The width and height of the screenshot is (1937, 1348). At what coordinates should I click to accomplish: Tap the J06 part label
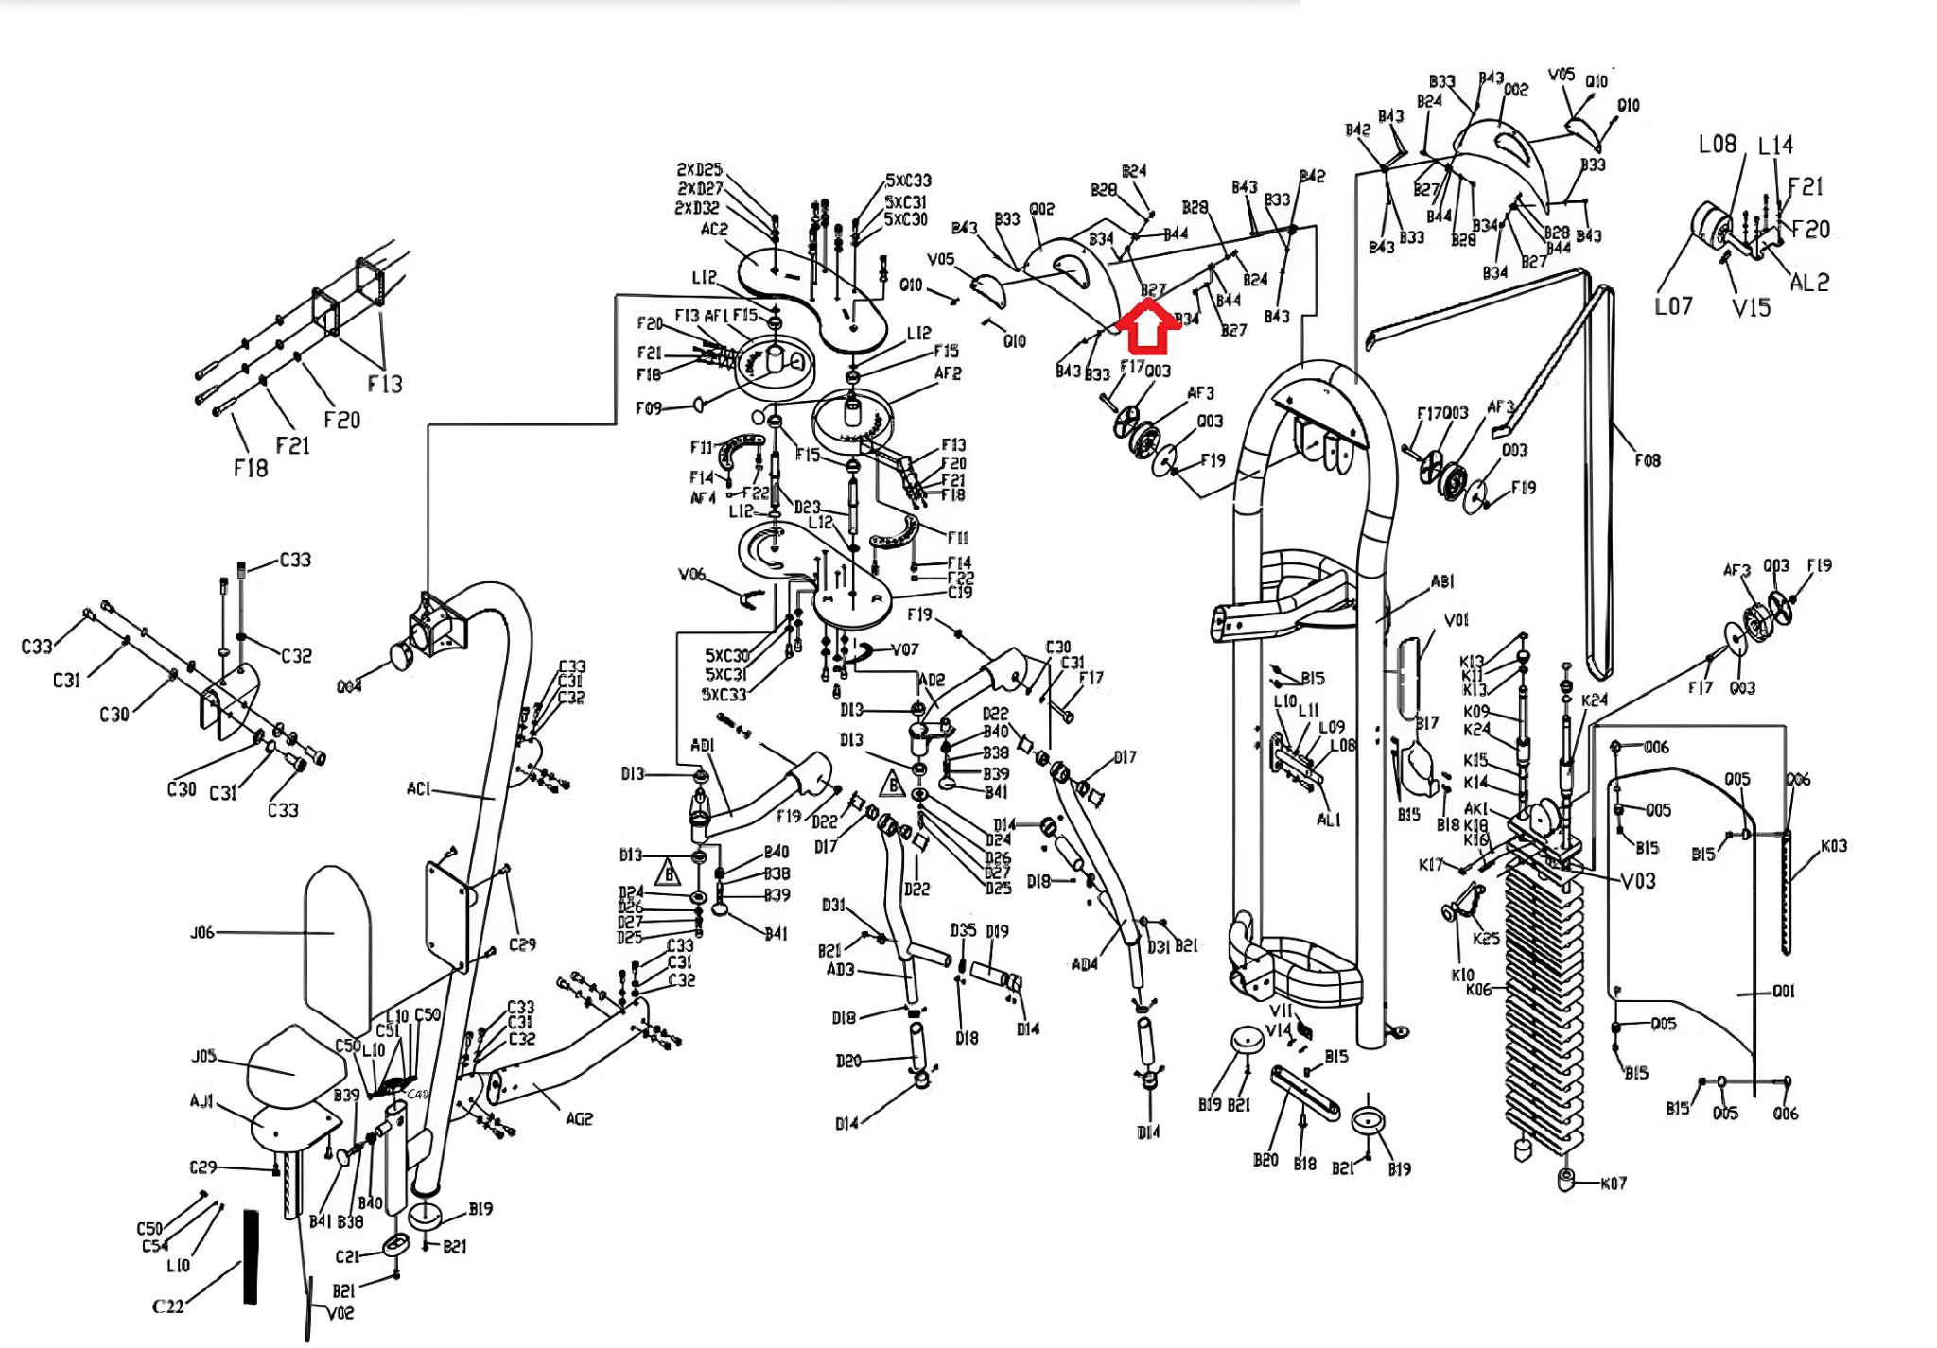pos(202,933)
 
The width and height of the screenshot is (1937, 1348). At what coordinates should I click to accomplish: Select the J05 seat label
pos(204,1056)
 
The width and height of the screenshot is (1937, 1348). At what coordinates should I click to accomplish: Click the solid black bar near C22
pos(251,1257)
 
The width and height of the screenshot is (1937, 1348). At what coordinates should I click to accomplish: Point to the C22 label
pos(168,1306)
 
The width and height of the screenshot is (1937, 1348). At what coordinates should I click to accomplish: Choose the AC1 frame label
pos(418,788)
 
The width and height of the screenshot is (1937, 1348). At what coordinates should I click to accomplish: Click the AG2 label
pos(579,1119)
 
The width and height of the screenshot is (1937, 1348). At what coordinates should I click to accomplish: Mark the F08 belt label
pos(1647,460)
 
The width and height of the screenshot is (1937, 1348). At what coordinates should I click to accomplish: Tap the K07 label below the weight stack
pos(1614,1184)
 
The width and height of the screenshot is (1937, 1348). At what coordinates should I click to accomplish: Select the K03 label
pos(1833,846)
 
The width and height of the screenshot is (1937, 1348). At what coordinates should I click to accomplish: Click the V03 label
pos(1638,881)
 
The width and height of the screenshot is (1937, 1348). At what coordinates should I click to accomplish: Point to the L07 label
pos(1673,306)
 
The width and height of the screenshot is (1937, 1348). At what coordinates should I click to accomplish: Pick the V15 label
pos(1751,308)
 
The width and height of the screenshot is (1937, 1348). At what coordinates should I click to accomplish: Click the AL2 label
pos(1809,283)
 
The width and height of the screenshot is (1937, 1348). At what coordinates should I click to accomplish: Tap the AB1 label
pos(1441,581)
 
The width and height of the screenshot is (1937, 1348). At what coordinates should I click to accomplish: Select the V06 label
pos(691,574)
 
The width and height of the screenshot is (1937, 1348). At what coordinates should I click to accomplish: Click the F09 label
pos(648,408)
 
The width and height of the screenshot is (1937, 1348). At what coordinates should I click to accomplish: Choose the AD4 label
pos(1084,964)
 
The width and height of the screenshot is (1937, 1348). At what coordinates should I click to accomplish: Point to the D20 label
pos(848,1062)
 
